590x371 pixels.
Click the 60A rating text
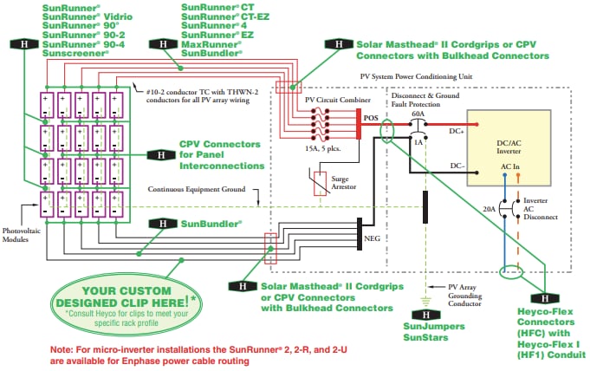coord(418,114)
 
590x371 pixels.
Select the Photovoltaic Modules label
coord(24,235)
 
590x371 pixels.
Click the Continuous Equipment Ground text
coord(194,189)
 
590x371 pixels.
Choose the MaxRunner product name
coord(211,42)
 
